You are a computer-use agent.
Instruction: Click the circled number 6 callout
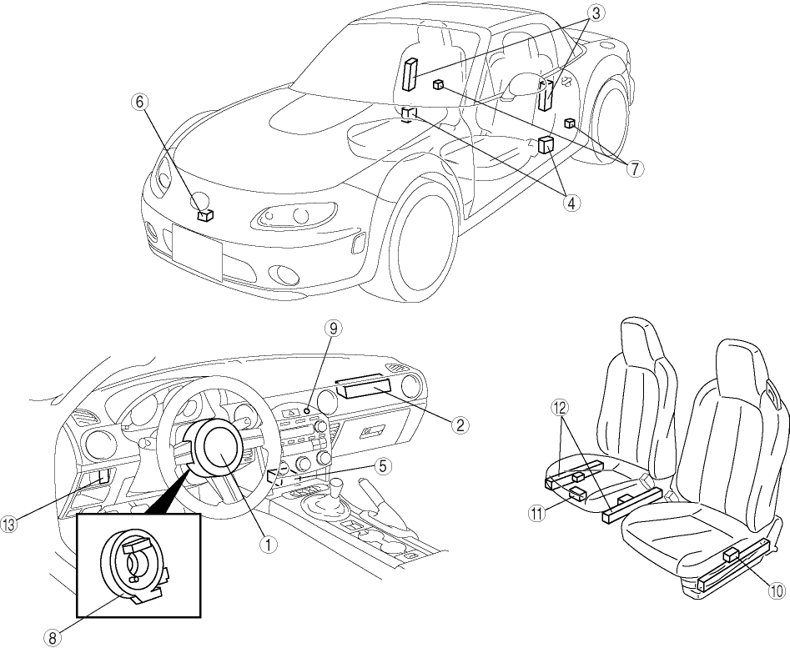[140, 101]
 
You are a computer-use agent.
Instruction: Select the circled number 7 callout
[636, 168]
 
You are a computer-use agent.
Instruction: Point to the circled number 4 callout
[571, 202]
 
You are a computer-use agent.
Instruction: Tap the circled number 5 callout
[382, 466]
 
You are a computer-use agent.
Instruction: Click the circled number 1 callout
[269, 544]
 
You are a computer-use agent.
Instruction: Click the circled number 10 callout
[776, 590]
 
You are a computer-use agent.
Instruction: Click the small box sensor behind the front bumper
[205, 214]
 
